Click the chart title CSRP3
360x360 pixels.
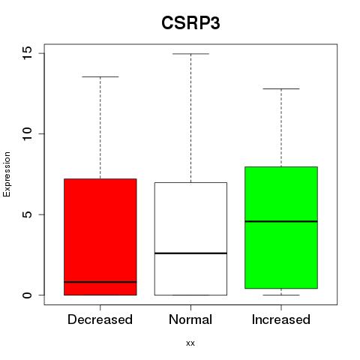point(190,23)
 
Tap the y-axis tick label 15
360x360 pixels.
point(27,53)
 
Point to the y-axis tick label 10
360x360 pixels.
point(27,133)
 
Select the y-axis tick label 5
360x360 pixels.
point(28,214)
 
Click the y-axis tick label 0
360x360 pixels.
point(28,295)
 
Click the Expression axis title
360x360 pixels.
point(7,174)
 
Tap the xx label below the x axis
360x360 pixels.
point(190,343)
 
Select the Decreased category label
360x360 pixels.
point(100,319)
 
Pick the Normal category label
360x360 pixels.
point(190,319)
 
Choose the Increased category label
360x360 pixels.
point(281,319)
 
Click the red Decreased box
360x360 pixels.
point(100,237)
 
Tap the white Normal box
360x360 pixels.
point(190,238)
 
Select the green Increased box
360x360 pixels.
point(281,227)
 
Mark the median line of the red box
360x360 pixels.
point(100,282)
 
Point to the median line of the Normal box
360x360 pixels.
point(190,253)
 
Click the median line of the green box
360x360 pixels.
point(281,221)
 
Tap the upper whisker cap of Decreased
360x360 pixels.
point(100,76)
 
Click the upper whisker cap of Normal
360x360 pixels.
point(190,54)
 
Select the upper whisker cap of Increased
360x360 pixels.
point(281,88)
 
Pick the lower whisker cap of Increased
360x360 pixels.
point(281,295)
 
